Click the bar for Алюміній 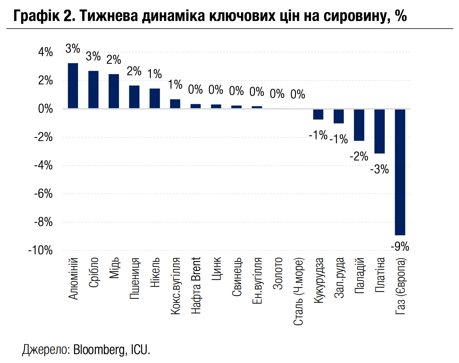pyautogui.click(x=73, y=86)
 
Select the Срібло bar pyautogui.click(x=93, y=90)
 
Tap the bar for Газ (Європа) pyautogui.click(x=400, y=172)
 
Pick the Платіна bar pyautogui.click(x=380, y=131)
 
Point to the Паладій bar pyautogui.click(x=359, y=125)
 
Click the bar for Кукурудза pyautogui.click(x=318, y=114)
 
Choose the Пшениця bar pyautogui.click(x=134, y=97)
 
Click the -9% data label pyautogui.click(x=400, y=246)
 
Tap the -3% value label pyautogui.click(x=379, y=169)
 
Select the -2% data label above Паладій pyautogui.click(x=359, y=156)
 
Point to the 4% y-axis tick pyautogui.click(x=46, y=52)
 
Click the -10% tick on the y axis pyautogui.click(x=41, y=251)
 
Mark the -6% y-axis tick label pyautogui.click(x=44, y=194)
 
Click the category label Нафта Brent pyautogui.click(x=196, y=285)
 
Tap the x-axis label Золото pyautogui.click(x=278, y=273)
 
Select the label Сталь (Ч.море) pyautogui.click(x=298, y=291)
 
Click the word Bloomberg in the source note pyautogui.click(x=99, y=350)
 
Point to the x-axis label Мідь pyautogui.click(x=114, y=268)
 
